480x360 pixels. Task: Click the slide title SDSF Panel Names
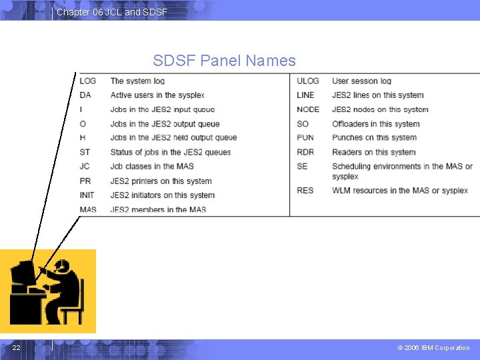[224, 61]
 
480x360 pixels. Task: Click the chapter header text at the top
[111, 12]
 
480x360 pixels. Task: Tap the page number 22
[15, 347]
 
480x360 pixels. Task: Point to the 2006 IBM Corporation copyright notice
[433, 347]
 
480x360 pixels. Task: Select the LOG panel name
[87, 81]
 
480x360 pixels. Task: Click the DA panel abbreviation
[85, 95]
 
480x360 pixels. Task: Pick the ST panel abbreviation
[85, 152]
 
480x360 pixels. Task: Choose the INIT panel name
[87, 195]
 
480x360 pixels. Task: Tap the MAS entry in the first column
[88, 209]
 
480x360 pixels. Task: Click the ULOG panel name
[308, 81]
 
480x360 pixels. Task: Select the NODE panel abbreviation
[308, 109]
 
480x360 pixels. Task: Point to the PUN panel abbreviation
[305, 137]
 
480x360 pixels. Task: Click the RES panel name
[305, 191]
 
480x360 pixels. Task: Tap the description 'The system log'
[137, 81]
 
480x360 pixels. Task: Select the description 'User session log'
[362, 81]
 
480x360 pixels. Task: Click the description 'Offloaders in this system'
[376, 123]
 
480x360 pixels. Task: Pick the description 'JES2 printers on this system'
[161, 181]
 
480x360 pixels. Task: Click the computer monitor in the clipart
[21, 275]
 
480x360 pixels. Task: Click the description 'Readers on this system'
[374, 152]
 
